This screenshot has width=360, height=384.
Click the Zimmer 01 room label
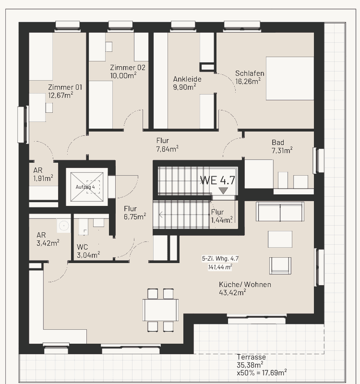[65, 87]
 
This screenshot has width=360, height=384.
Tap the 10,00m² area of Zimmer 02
[123, 75]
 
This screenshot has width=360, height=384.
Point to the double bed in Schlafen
[290, 78]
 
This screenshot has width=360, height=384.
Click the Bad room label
[278, 142]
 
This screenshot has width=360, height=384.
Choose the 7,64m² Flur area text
[167, 149]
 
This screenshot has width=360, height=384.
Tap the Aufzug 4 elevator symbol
[87, 187]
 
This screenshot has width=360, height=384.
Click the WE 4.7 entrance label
[217, 180]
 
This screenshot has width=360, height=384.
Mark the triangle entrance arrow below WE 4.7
[223, 191]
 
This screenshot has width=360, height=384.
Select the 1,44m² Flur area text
[222, 220]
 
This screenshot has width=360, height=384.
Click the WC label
[82, 247]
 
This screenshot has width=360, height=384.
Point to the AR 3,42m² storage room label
[48, 239]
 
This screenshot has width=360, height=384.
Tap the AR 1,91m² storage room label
[43, 174]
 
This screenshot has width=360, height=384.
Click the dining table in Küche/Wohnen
[161, 310]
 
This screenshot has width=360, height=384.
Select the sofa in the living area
[280, 212]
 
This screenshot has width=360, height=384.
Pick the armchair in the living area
[280, 266]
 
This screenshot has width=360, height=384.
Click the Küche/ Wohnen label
[245, 285]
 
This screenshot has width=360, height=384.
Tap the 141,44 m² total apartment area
[220, 267]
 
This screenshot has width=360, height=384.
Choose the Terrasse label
[251, 357]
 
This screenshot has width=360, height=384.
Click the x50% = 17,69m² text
[262, 373]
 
